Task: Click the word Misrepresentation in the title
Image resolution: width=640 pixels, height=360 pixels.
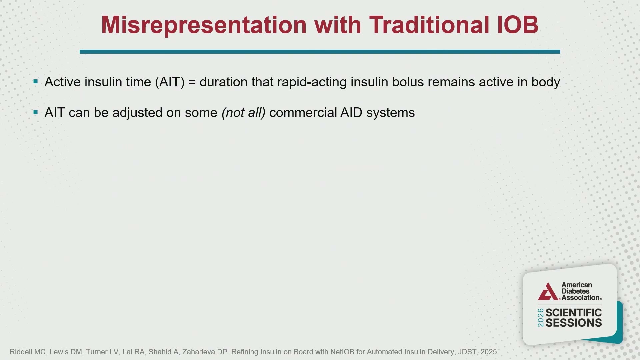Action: [x=204, y=25]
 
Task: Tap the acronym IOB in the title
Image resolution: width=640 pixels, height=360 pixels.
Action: [x=518, y=25]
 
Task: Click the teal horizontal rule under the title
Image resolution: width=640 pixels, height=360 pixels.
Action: [x=320, y=52]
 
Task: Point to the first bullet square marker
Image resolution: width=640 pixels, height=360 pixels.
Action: [x=36, y=81]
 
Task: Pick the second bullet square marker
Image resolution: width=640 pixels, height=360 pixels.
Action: [x=36, y=112]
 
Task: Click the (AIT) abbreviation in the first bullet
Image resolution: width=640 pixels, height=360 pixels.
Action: [x=170, y=82]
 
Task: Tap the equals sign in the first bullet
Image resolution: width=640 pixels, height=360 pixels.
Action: [x=192, y=82]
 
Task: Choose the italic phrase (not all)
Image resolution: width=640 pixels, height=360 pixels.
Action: [x=244, y=113]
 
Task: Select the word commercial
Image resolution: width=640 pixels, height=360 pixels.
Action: [x=303, y=113]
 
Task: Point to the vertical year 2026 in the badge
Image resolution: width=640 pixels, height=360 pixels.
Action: [x=541, y=318]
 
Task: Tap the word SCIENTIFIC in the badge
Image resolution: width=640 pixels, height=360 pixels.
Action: [x=574, y=313]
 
